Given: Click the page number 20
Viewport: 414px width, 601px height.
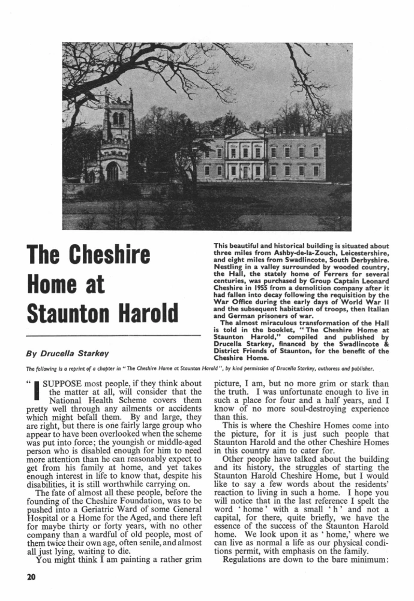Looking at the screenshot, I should click(31, 578).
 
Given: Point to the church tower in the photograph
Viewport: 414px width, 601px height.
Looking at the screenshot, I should click(118, 129).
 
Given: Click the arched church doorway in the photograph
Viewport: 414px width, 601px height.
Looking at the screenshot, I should click(112, 172).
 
